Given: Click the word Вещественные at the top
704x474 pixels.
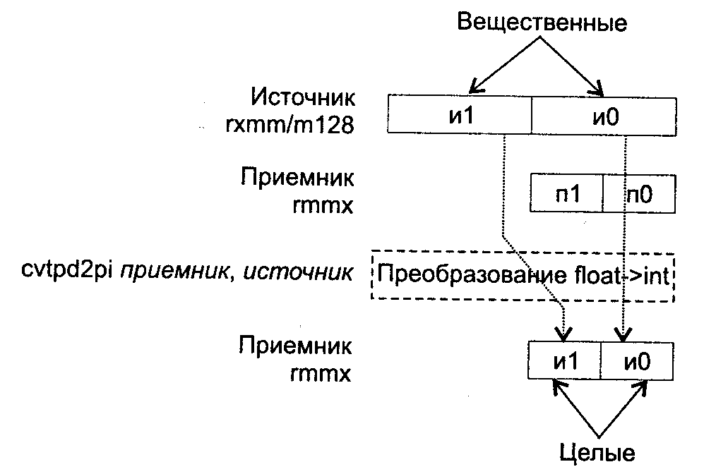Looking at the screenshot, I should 542,23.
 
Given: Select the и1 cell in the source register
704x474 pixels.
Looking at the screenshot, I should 460,115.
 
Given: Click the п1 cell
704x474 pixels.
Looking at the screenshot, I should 567,195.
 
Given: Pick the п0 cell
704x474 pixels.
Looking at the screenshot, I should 640,195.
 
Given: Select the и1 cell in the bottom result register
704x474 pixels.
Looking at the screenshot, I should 564,361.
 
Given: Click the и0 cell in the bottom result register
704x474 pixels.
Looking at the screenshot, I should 637,361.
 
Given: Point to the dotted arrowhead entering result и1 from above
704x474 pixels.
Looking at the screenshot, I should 564,332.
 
